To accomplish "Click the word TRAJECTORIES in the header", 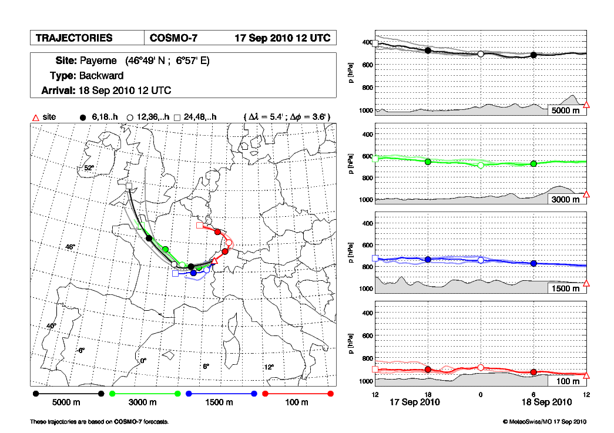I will click(x=73, y=38).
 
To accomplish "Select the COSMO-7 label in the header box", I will click(x=174, y=38).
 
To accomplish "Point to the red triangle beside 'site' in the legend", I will click(x=35, y=118).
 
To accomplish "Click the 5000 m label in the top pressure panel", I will click(x=566, y=110).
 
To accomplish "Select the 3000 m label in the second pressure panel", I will click(x=566, y=200).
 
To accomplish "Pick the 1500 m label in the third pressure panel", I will click(x=566, y=288).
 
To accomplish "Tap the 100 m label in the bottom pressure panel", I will click(x=568, y=382).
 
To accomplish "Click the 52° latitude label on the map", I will click(x=89, y=168).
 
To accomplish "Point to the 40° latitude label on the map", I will click(x=52, y=325).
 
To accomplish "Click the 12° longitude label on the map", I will click(x=269, y=367).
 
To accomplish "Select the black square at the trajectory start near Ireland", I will click(x=129, y=186).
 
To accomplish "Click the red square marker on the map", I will click(x=199, y=225).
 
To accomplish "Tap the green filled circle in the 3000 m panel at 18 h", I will click(x=428, y=162).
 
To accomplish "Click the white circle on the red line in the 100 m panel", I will click(x=481, y=367).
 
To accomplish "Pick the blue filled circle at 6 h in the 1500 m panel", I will click(x=534, y=263).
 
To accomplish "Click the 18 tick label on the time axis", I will click(x=428, y=394).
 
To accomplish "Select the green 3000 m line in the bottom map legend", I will click(x=145, y=393).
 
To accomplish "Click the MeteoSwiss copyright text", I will click(x=545, y=422).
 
